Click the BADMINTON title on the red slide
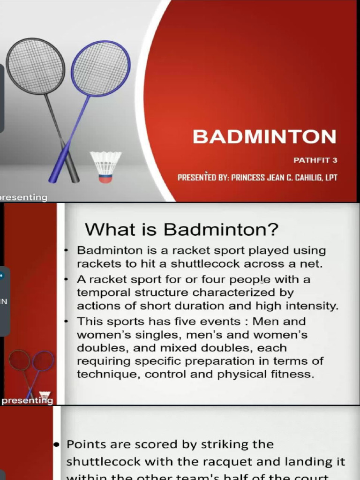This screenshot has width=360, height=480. pyautogui.click(x=264, y=137)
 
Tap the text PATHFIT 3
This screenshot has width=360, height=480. pyautogui.click(x=315, y=160)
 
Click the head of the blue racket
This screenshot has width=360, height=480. pyautogui.click(x=100, y=68)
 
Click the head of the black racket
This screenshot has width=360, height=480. pyautogui.click(x=35, y=66)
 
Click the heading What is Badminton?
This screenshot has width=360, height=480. pyautogui.click(x=181, y=230)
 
